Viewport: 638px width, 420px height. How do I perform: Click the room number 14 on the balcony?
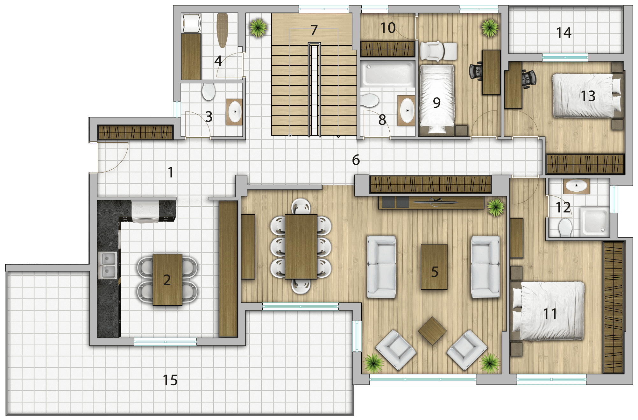(x=564, y=33)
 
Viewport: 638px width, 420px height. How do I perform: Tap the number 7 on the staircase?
(x=314, y=30)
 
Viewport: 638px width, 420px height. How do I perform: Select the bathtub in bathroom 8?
(x=388, y=74)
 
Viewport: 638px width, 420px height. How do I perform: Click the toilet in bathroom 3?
(x=209, y=91)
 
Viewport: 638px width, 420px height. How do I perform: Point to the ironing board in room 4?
(x=222, y=30)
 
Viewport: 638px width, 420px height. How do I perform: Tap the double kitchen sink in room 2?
(x=107, y=265)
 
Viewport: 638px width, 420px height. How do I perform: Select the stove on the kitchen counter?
(x=145, y=211)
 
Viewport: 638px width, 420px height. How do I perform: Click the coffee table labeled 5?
(x=434, y=267)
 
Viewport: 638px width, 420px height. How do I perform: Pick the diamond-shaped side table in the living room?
(x=432, y=331)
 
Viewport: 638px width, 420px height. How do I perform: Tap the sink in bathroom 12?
(x=576, y=186)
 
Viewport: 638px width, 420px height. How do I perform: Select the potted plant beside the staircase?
(x=258, y=28)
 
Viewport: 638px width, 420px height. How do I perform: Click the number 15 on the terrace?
(x=170, y=380)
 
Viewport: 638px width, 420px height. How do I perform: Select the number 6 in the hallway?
(x=356, y=160)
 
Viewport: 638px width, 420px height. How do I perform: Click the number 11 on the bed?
(x=550, y=314)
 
